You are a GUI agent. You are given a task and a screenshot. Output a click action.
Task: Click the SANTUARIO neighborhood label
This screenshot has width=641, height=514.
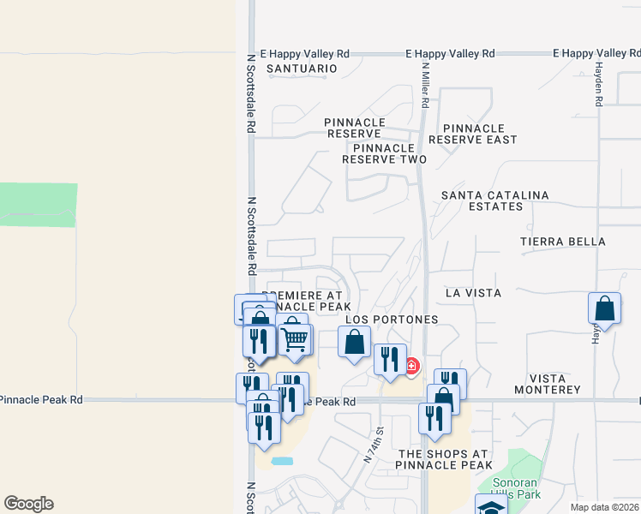(x=297, y=69)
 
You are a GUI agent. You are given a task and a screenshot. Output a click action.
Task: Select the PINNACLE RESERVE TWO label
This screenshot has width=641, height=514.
(x=384, y=152)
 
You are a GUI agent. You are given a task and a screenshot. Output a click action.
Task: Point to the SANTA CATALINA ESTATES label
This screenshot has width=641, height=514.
(x=494, y=200)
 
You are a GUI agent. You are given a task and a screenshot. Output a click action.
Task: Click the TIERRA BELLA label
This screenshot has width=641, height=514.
(x=562, y=242)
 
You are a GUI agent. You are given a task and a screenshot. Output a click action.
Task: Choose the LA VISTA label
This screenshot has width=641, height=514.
(x=473, y=293)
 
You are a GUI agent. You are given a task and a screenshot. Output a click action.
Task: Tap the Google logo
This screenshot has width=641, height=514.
(x=28, y=504)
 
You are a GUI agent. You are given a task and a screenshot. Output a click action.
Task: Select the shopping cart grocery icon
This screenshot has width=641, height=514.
(x=294, y=338)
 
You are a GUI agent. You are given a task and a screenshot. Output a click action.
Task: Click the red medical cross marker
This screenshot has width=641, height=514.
(x=411, y=367)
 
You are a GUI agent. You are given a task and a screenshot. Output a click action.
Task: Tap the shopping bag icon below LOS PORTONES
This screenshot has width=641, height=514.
(x=355, y=344)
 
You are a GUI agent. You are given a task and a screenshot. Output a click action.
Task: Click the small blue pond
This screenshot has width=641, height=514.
(x=282, y=461)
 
